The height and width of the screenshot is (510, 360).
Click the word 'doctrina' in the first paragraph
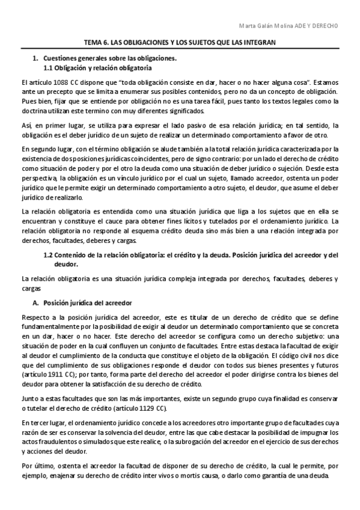(x=33, y=112)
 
